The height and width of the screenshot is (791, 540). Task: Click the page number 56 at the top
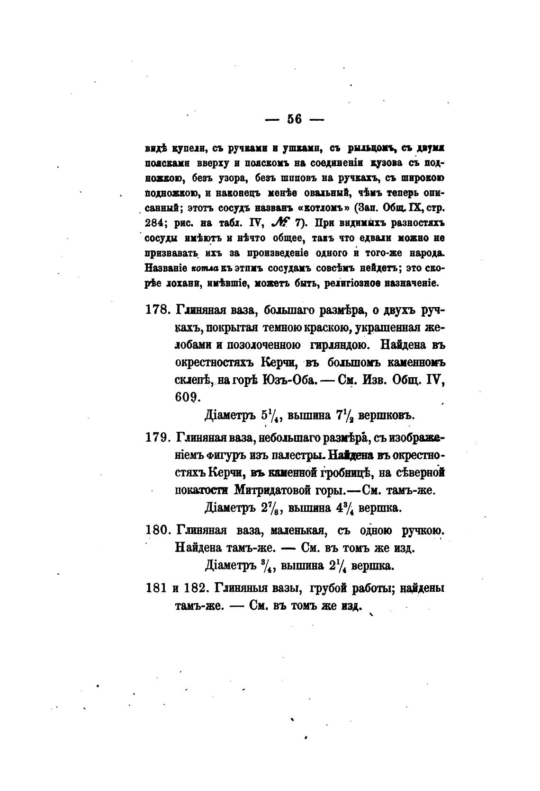[x=294, y=119]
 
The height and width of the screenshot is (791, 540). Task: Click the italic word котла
[x=204, y=267]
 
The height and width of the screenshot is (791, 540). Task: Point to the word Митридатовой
[x=265, y=490]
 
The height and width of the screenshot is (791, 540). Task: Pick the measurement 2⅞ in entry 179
[x=271, y=508]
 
